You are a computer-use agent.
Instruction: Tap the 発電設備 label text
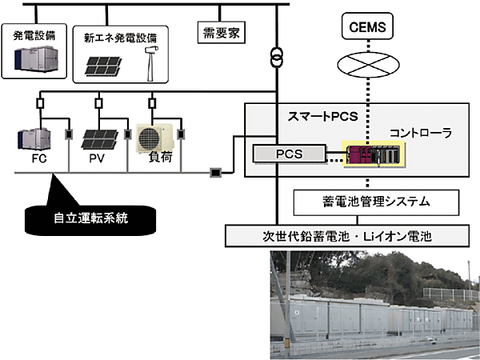click(34, 35)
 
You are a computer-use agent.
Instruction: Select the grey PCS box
click(285, 153)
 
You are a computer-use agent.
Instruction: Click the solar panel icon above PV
click(98, 137)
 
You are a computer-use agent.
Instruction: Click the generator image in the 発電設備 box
click(32, 58)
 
